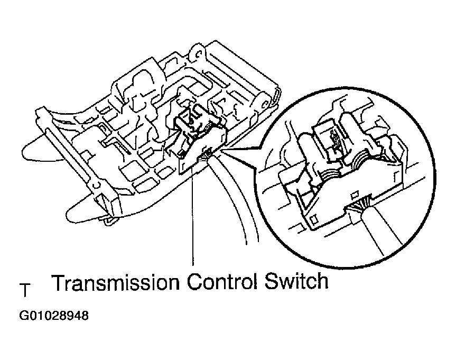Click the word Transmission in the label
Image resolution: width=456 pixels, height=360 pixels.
point(116,282)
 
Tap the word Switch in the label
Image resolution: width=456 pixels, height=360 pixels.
point(296,281)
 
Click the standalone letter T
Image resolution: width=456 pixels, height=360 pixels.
point(25,290)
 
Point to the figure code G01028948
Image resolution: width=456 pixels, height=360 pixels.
point(54,316)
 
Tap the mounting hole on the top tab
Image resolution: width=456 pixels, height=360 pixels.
point(199,53)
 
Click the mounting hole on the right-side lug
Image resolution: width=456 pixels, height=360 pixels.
point(264,104)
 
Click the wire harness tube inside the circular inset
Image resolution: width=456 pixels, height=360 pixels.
point(381,230)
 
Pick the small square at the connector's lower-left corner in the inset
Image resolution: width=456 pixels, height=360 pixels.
point(313,219)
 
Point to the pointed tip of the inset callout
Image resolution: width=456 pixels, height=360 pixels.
point(221,150)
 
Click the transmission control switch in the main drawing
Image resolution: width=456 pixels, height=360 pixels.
point(201,140)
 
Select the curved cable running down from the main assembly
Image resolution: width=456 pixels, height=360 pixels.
point(236,198)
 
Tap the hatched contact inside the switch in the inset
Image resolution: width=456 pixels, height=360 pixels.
point(334,143)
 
